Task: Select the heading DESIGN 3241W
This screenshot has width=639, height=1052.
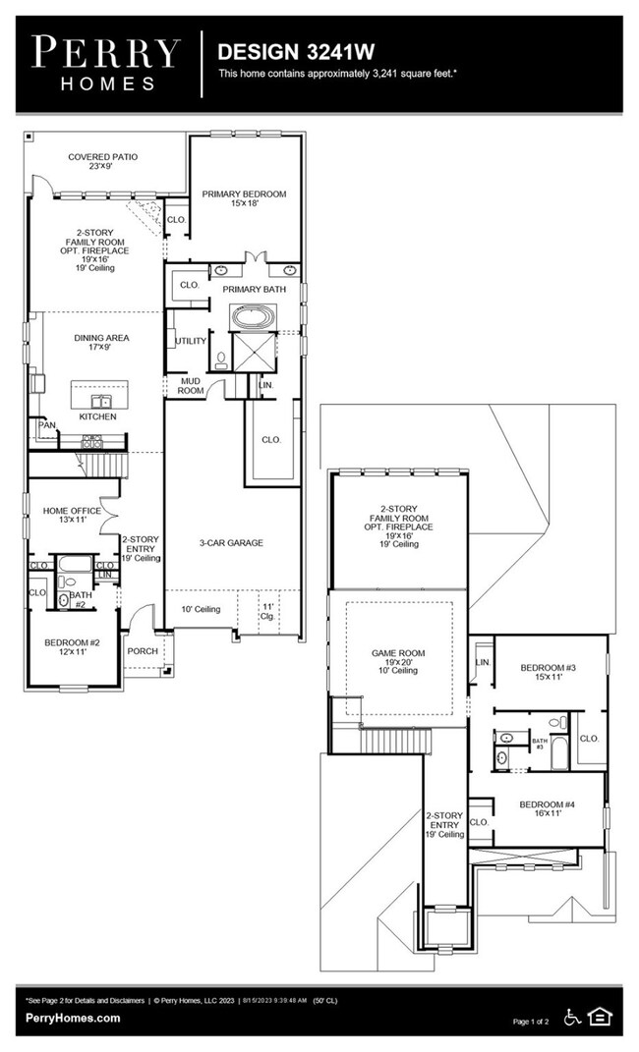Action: coord(282,51)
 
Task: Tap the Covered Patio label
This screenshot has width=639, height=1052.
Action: coord(102,161)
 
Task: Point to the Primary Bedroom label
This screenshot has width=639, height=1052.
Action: coord(245,199)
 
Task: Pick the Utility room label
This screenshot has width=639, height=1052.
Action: coord(190,342)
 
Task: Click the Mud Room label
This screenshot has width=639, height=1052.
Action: coord(191,386)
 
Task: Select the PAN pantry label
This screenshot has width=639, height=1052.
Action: coord(46,425)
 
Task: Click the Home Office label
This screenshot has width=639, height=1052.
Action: coord(72,516)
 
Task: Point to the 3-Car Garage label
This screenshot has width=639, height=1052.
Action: coord(232,542)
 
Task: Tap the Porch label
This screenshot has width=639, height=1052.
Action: coord(143,651)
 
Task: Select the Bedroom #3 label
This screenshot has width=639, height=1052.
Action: coord(548,673)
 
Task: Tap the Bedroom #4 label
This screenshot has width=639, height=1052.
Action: coord(548,807)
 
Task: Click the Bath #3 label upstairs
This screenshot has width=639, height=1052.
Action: coord(539,744)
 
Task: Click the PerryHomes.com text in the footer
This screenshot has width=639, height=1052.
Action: coord(73,1019)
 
